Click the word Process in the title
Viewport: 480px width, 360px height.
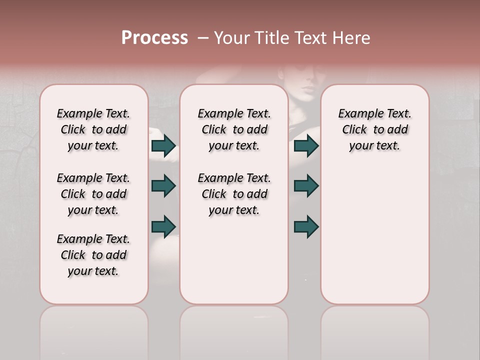point(154,38)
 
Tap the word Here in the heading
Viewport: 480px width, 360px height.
point(351,38)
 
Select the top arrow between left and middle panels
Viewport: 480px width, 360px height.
point(163,145)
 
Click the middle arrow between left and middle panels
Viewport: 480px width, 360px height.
point(163,186)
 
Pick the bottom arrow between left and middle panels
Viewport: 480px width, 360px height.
point(163,226)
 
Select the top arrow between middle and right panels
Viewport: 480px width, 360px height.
point(306,145)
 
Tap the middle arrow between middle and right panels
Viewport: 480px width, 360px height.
point(306,186)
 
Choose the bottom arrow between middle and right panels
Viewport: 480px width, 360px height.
point(306,226)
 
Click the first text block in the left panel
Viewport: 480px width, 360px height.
point(93,129)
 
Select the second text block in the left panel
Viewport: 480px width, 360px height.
point(93,194)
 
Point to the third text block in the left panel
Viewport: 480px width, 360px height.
point(93,255)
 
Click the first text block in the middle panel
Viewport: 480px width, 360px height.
point(234,129)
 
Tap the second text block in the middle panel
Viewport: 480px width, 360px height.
point(234,194)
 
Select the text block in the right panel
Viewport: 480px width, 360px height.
point(374,129)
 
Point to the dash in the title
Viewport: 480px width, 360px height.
point(202,38)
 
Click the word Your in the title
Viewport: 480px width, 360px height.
point(232,38)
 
